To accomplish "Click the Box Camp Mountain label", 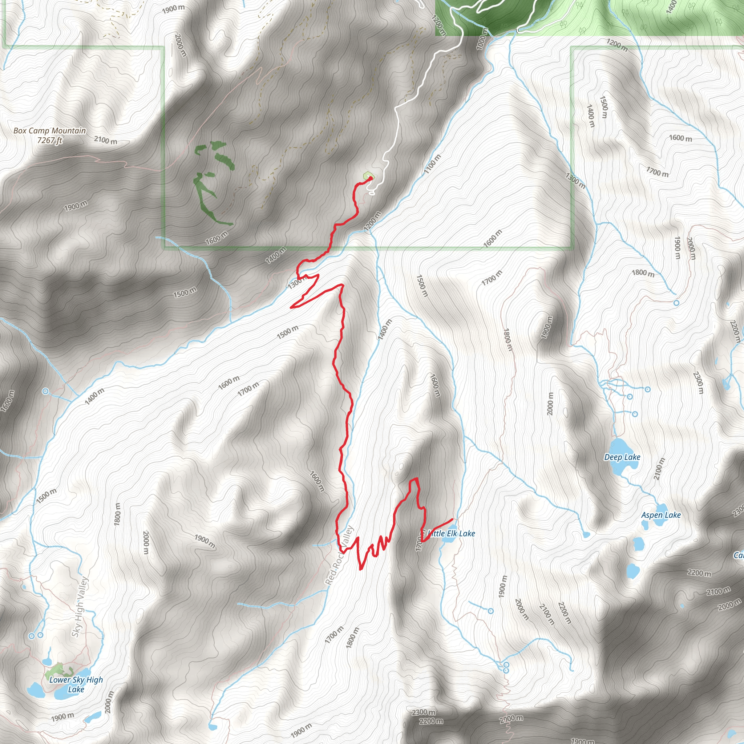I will [49, 131].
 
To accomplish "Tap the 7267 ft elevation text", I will [49, 141].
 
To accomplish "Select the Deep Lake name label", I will [622, 457].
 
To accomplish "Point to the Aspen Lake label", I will [661, 515].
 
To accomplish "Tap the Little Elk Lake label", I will [451, 533].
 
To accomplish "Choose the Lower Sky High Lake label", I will [76, 684].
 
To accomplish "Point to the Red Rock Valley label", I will [339, 555].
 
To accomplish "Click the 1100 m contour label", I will [432, 164].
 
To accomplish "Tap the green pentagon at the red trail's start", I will [368, 176].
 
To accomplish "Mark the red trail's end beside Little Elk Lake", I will [452, 519].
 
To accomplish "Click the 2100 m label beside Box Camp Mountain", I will [105, 140].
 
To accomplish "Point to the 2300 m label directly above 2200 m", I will [424, 712].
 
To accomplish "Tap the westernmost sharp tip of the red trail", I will [291, 307].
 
